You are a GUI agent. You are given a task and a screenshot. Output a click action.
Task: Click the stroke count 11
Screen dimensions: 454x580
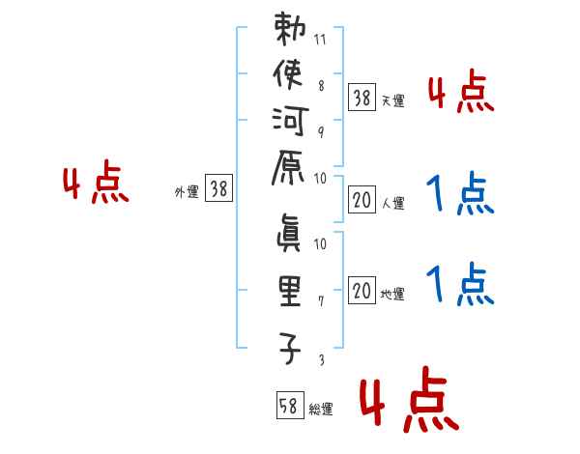[321, 41]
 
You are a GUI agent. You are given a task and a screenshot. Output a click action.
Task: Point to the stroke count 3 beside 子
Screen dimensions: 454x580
[321, 360]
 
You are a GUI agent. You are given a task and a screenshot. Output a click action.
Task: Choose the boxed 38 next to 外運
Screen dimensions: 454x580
[218, 190]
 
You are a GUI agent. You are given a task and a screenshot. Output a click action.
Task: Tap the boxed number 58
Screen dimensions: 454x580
[288, 405]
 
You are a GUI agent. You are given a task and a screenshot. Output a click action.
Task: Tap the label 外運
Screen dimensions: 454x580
[187, 192]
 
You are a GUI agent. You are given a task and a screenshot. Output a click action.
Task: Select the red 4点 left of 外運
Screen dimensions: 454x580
[96, 184]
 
